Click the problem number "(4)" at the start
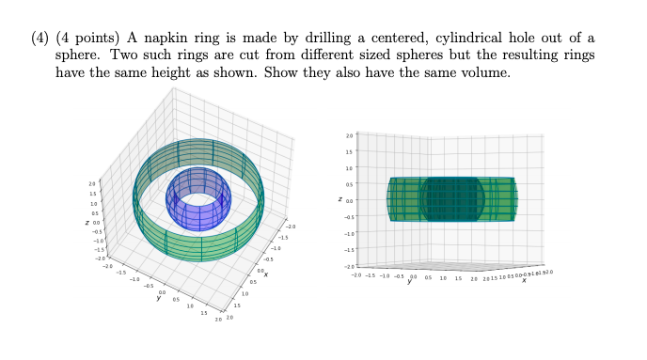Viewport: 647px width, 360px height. pyautogui.click(x=37, y=37)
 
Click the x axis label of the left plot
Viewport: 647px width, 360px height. pyautogui.click(x=266, y=274)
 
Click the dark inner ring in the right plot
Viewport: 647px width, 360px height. pyautogui.click(x=452, y=198)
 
